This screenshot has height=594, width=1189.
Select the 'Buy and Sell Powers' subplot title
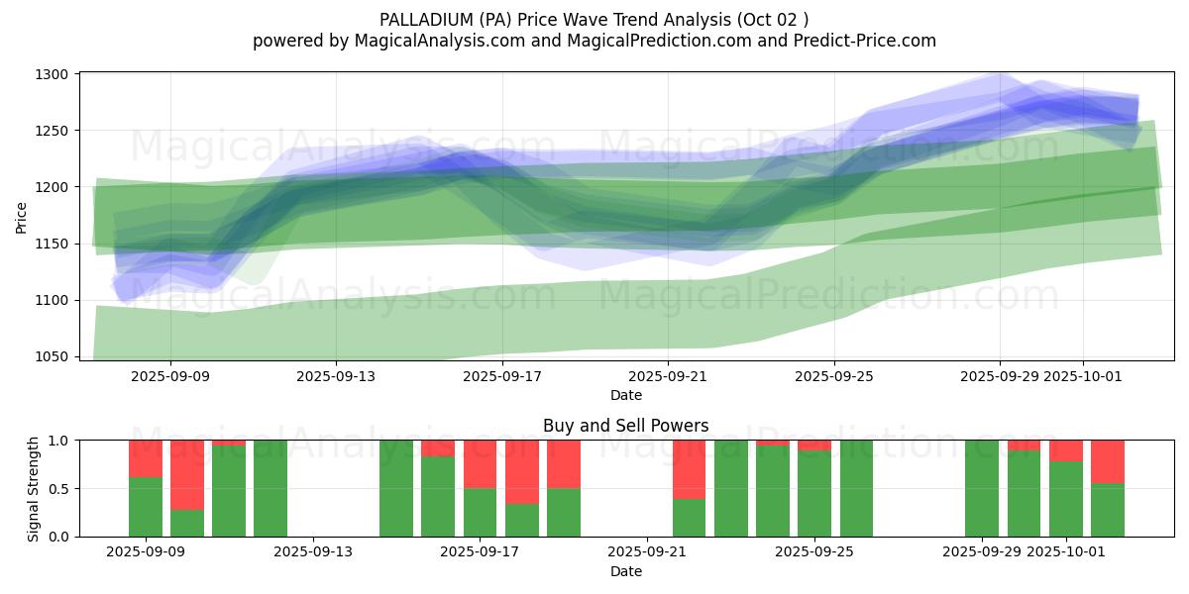pyautogui.click(x=625, y=426)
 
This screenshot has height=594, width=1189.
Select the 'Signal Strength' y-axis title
pyautogui.click(x=34, y=488)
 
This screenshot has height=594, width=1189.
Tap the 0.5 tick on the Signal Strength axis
pyautogui.click(x=59, y=488)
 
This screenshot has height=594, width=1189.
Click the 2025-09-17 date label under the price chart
pyautogui.click(x=502, y=376)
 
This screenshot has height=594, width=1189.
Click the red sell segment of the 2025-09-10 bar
pyautogui.click(x=187, y=474)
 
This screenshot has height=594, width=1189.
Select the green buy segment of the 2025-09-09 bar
pyautogui.click(x=146, y=507)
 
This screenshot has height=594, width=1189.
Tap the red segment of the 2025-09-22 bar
pyautogui.click(x=689, y=469)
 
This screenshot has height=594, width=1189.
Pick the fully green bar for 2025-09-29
pyautogui.click(x=982, y=488)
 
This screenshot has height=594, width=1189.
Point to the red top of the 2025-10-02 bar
pyautogui.click(x=1108, y=461)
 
